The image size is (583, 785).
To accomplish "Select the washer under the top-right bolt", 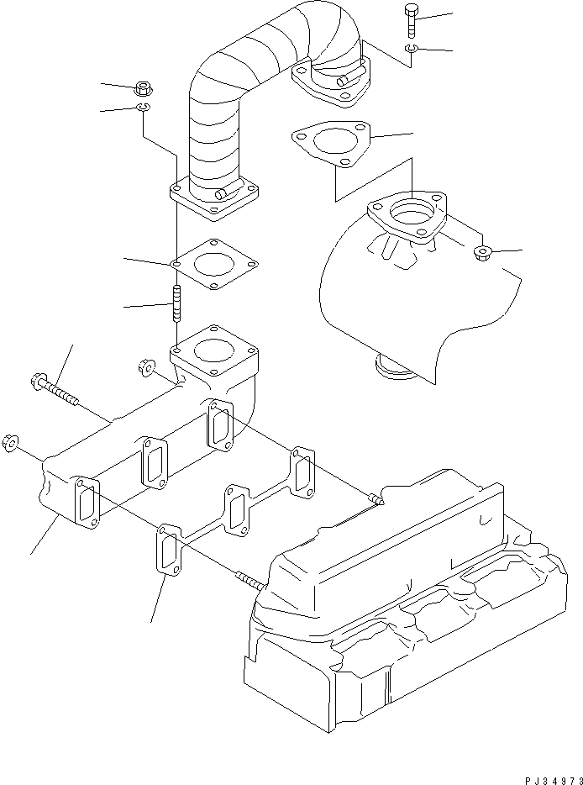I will click(x=408, y=51).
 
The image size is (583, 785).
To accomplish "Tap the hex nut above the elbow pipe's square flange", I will click(x=143, y=87).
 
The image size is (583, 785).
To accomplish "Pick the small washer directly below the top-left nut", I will click(x=143, y=108).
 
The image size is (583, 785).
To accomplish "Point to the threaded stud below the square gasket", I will click(x=177, y=303).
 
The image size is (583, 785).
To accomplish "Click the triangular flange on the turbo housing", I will click(x=407, y=217).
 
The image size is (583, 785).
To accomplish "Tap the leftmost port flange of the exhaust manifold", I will click(x=86, y=505).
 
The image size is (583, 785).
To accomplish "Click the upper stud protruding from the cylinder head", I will click(x=376, y=502).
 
